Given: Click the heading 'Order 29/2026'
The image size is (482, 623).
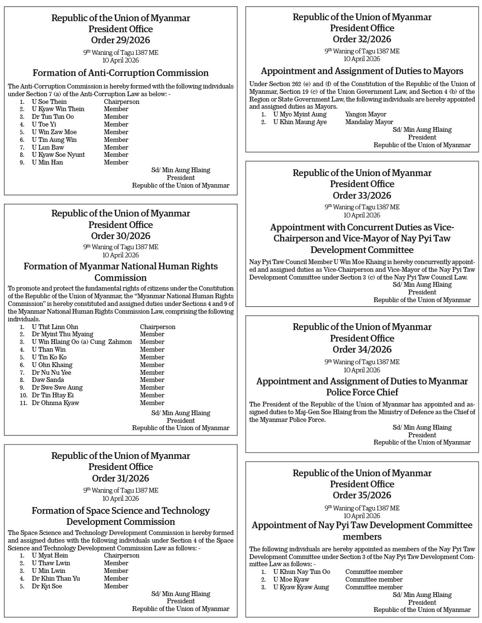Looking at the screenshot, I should point(121,40).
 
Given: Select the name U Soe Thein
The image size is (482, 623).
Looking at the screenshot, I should point(49,102).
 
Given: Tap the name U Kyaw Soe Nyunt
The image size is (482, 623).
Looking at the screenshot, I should point(58,155).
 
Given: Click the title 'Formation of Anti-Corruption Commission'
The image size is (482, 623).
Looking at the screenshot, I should point(121,73).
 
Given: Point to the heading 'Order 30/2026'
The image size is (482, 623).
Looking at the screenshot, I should point(121,236).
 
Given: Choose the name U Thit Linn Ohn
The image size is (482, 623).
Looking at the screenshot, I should point(55,327).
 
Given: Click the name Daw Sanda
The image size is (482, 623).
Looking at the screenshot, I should point(48,380).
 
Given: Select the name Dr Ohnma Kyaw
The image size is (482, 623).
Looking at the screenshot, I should point(55,403).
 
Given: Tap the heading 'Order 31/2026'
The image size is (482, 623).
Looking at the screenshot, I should point(121,478).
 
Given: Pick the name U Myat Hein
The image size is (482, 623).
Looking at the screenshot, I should point(50,556).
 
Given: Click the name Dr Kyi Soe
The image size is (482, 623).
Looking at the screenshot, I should point(47,586).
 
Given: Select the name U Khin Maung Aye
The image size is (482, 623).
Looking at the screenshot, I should point(300,122).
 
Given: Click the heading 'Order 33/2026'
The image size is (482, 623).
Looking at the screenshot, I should point(362,195).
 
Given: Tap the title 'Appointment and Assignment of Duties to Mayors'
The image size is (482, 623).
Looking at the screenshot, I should point(362,71).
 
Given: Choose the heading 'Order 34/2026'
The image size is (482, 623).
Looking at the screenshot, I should point(362,349).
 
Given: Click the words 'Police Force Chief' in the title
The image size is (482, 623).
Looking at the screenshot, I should point(362,392).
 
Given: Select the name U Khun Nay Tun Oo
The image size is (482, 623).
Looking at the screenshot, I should point(302,572).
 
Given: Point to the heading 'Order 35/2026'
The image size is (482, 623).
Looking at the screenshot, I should point(362,495).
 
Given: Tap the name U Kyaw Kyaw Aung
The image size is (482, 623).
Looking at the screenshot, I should point(301,587).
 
